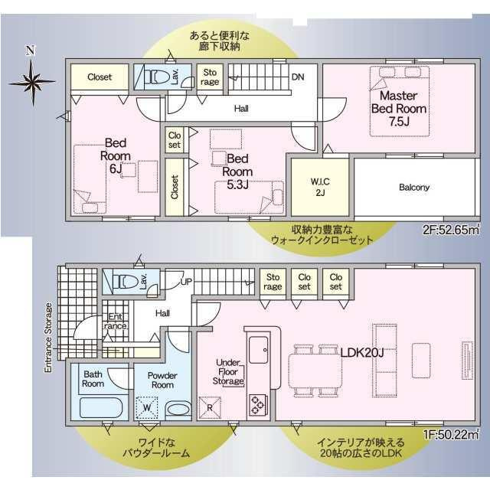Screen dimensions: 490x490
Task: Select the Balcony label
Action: (x=413, y=187)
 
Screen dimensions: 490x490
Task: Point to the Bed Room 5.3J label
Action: (x=237, y=165)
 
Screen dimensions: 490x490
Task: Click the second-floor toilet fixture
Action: (x=156, y=77)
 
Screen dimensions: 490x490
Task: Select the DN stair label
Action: (x=298, y=77)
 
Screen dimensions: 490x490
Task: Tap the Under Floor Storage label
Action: (x=229, y=371)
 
